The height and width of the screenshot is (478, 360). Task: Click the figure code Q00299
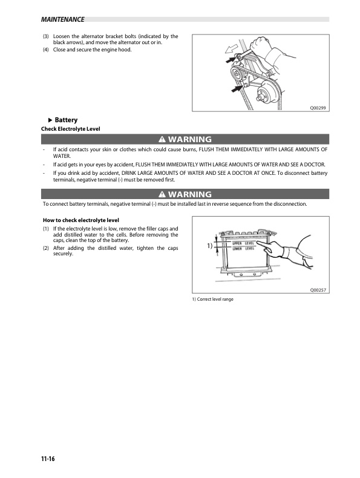pyautogui.click(x=318, y=107)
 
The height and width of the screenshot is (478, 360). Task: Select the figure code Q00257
pyautogui.click(x=318, y=290)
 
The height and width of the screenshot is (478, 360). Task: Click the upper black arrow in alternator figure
pyautogui.click(x=231, y=61)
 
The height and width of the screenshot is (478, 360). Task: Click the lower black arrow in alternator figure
pyautogui.click(x=235, y=89)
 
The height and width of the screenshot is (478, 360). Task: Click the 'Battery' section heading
pyautogui.click(x=66, y=120)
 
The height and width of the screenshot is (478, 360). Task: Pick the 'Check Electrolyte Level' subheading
pyautogui.click(x=70, y=128)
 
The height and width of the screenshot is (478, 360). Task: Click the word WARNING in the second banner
pyautogui.click(x=189, y=194)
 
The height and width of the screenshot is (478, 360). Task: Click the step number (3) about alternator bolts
pyautogui.click(x=46, y=37)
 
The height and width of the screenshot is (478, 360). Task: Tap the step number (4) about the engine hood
pyautogui.click(x=46, y=50)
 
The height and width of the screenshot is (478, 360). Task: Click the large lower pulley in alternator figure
pyautogui.click(x=264, y=94)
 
